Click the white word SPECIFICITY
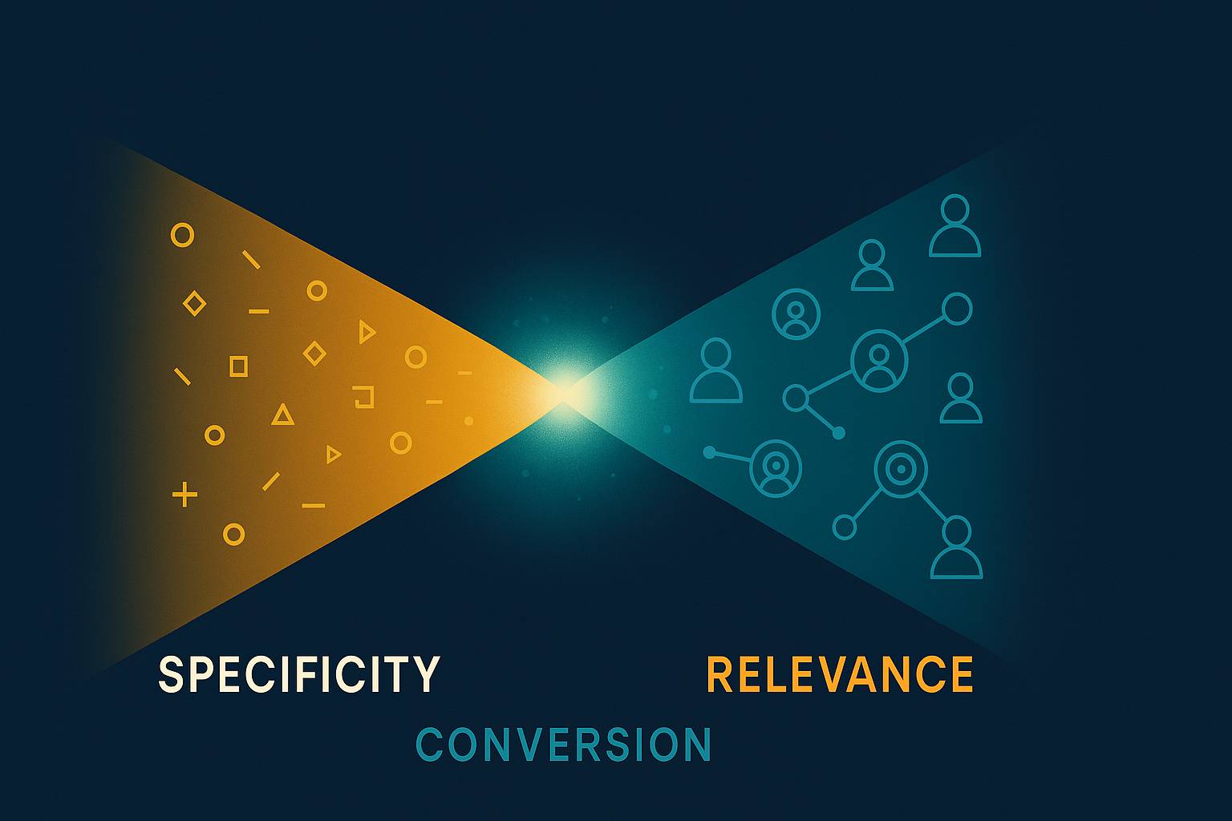(298, 674)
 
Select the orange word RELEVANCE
(839, 674)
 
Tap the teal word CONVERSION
(563, 745)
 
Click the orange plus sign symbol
(184, 495)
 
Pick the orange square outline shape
(238, 366)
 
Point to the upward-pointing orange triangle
(282, 415)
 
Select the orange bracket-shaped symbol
(364, 397)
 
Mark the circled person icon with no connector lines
(796, 313)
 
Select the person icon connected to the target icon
(956, 548)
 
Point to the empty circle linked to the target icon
(845, 527)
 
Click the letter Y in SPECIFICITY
(425, 674)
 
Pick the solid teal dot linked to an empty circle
(838, 433)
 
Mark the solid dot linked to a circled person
(709, 452)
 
